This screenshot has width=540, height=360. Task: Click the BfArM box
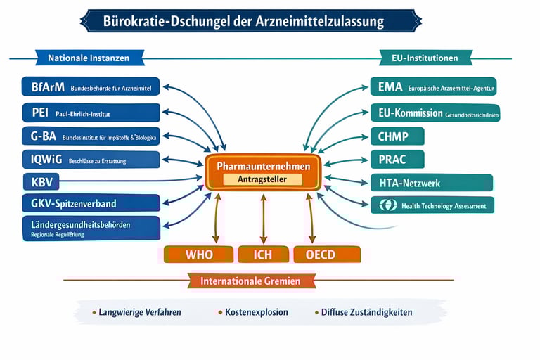(x=91, y=88)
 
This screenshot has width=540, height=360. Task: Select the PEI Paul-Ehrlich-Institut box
(x=91, y=112)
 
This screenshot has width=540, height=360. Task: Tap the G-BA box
(x=91, y=136)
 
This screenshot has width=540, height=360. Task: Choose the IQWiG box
(x=91, y=160)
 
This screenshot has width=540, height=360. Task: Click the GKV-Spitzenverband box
(x=91, y=204)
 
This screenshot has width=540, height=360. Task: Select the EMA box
(x=433, y=88)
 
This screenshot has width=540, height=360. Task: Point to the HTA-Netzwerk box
(x=414, y=182)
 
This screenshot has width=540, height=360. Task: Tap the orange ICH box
(x=264, y=254)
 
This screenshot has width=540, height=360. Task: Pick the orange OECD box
(x=326, y=254)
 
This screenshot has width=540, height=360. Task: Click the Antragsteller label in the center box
(x=263, y=179)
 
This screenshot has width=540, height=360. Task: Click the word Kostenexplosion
(x=256, y=312)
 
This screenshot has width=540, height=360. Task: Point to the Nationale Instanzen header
(x=90, y=58)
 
